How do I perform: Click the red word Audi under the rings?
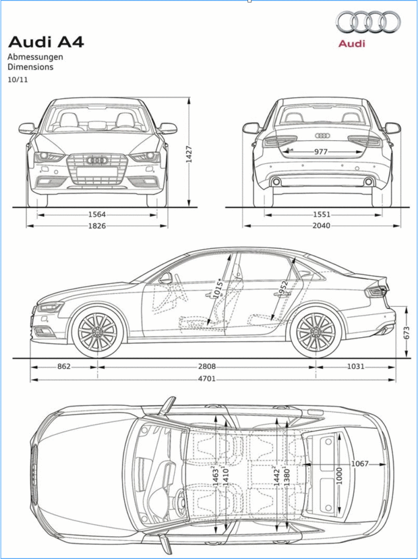(351, 44)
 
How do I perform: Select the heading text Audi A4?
(46, 42)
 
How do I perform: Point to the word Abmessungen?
(35, 57)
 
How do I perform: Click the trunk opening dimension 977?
(321, 152)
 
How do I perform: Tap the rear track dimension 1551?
(321, 215)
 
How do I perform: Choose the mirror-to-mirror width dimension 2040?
(321, 226)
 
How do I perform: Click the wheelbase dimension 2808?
(207, 367)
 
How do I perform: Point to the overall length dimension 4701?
(207, 379)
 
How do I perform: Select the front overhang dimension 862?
(63, 367)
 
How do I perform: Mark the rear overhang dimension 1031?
(355, 367)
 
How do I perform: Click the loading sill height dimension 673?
(406, 333)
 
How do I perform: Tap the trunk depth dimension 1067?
(361, 463)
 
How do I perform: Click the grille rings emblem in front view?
(98, 160)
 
